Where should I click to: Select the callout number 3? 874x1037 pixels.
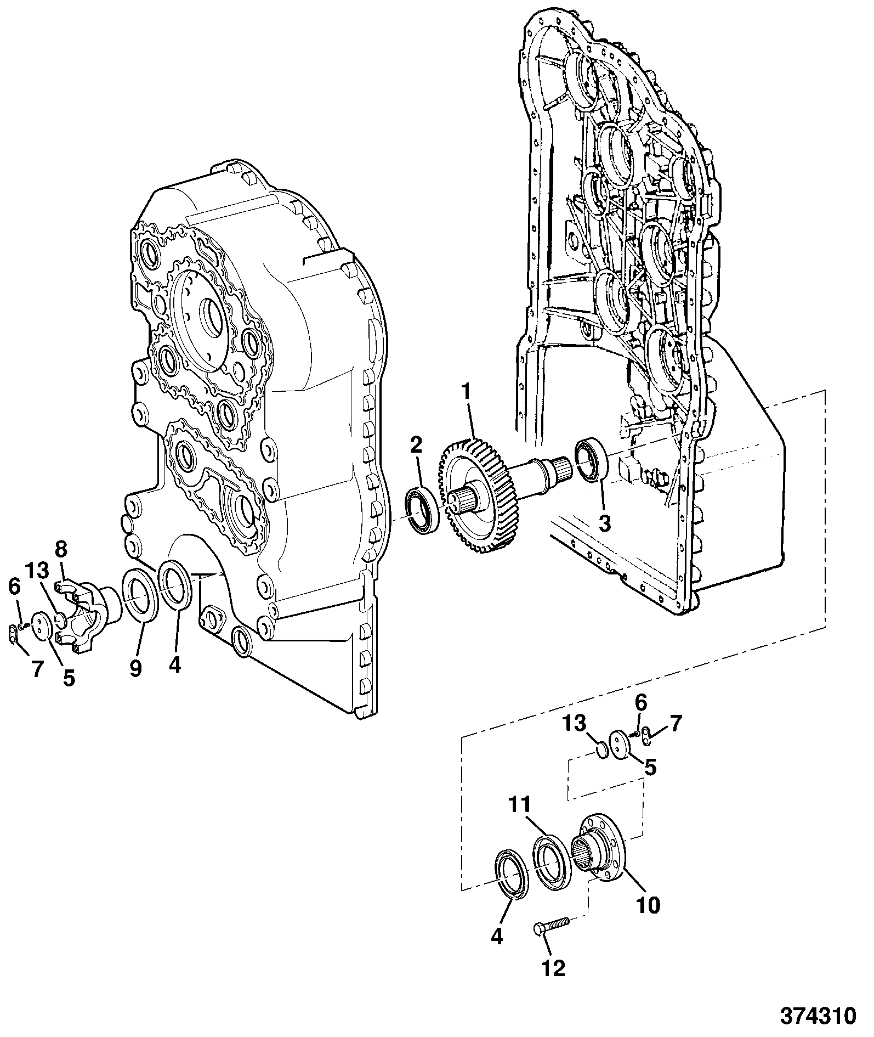coord(604,523)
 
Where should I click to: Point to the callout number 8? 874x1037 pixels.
coord(61,549)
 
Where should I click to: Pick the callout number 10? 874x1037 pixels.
coord(648,905)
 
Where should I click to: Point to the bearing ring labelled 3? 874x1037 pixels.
coord(591,460)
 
